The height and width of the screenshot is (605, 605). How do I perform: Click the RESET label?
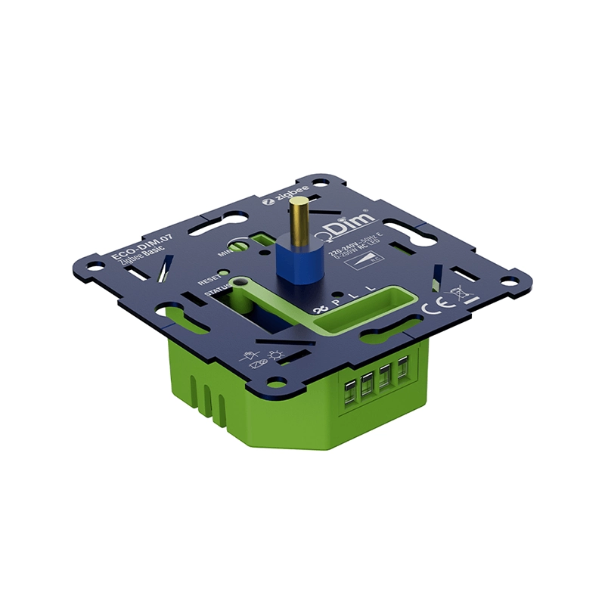click(209, 280)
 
